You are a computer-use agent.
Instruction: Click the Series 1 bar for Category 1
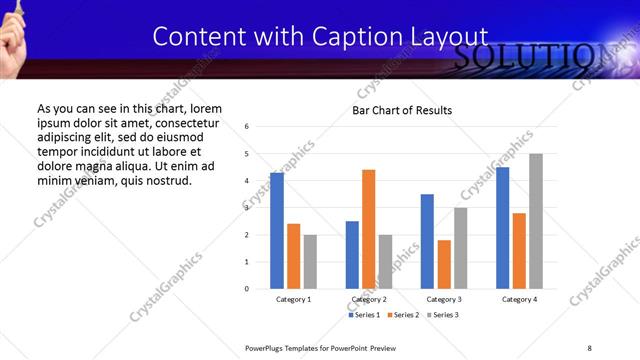point(277,231)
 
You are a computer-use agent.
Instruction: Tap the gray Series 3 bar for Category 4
point(536,221)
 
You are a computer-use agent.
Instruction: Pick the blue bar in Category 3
point(427,241)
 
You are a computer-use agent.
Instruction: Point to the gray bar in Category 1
point(310,261)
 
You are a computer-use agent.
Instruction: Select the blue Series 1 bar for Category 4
point(503,228)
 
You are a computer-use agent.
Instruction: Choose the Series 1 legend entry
point(364,315)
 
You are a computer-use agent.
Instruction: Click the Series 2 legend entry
point(402,315)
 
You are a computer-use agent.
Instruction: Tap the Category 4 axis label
point(520,300)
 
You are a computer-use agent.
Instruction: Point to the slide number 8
point(589,347)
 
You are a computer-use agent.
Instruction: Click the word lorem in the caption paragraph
point(205,108)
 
